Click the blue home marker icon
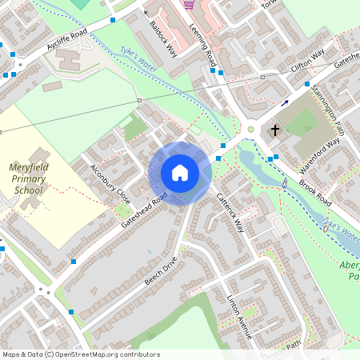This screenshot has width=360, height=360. pos(180,173)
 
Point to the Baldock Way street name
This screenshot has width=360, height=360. pos(163,37)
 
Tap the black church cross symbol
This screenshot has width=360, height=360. pos(275,129)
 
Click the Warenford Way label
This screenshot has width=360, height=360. pos(319,150)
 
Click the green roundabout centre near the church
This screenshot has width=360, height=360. pos(250,129)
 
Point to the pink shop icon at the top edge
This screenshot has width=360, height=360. pos(189,4)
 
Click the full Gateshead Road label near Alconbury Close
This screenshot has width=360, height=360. pos(145,209)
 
